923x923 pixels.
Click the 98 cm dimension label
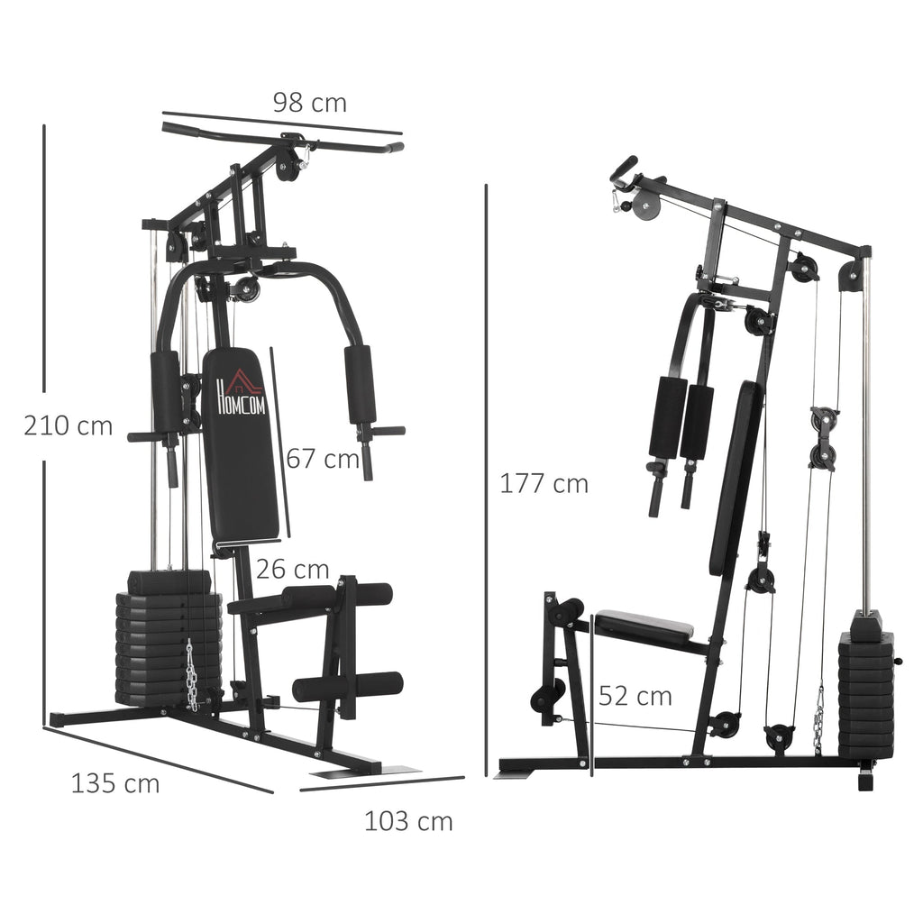[309, 103]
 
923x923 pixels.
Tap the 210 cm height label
[69, 425]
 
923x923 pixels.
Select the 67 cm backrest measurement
[323, 459]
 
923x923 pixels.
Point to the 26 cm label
[292, 570]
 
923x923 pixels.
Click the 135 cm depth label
[115, 784]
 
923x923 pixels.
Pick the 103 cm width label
[408, 821]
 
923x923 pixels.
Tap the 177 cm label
[544, 484]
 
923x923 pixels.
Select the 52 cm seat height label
[635, 696]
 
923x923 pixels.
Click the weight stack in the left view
[168, 640]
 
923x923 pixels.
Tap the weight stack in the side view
[865, 690]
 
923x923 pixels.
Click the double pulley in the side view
[823, 438]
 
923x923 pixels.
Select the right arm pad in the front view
[360, 385]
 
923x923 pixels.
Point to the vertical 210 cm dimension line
[43, 424]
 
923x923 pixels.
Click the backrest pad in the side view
[736, 478]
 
